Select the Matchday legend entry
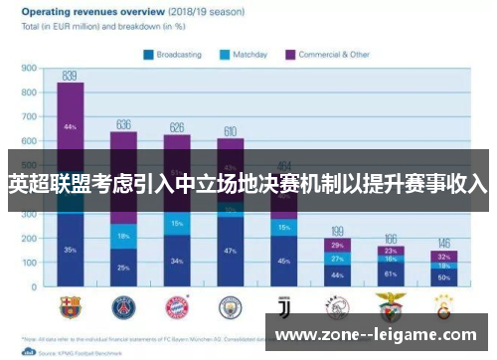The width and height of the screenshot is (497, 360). tap(248, 55)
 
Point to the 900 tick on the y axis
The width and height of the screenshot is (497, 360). tap(29, 70)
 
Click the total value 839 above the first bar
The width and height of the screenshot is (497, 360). tap(70, 76)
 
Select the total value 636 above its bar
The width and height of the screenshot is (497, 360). tap(123, 124)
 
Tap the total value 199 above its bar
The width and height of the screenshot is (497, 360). tap(337, 231)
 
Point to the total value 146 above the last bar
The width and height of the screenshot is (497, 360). tap(444, 244)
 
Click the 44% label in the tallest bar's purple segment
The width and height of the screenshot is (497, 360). tap(70, 127)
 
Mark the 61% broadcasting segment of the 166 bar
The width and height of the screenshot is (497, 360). tap(391, 272)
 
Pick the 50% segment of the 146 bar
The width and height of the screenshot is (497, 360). tap(444, 277)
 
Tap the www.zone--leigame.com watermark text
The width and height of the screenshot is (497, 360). tap(378, 335)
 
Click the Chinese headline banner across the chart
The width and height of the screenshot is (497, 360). tap(248, 184)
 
